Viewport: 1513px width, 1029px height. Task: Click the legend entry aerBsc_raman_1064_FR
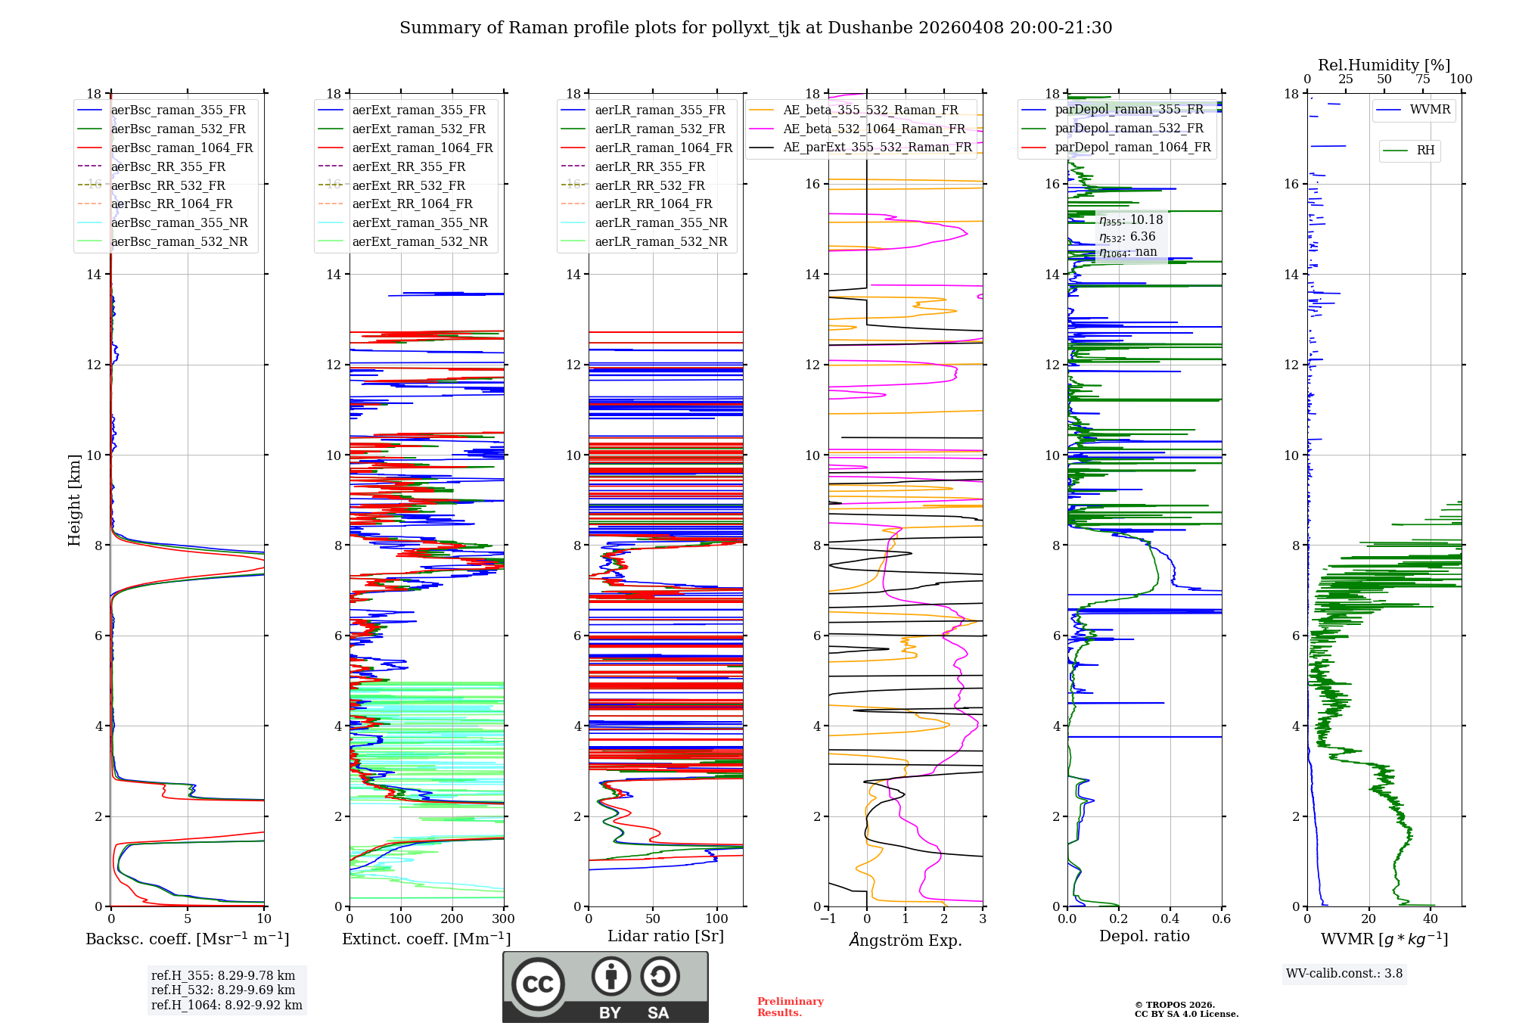182,148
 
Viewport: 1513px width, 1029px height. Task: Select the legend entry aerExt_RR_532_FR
409,185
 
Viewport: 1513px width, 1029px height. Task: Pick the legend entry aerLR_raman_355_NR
660,222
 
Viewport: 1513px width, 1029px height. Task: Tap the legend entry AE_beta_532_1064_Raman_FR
874,129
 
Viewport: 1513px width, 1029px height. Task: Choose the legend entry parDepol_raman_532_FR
1129,128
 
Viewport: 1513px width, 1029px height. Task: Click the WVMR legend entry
1430,110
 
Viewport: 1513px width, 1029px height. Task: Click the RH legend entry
1425,151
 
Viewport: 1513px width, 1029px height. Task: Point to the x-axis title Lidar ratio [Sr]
666,936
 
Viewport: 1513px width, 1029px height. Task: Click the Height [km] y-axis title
74,499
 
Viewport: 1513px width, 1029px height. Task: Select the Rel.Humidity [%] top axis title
1384,65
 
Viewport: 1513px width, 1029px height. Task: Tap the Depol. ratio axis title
1144,936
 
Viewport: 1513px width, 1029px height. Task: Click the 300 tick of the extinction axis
503,919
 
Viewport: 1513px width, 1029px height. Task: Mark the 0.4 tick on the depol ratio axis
1170,919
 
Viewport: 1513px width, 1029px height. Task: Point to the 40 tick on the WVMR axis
1430,919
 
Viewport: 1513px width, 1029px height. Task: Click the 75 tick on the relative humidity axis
1422,79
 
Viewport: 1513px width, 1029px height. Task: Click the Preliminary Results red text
790,1007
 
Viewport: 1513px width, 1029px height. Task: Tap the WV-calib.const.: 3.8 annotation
1344,974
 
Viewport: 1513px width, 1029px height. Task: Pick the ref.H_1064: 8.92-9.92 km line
226,1006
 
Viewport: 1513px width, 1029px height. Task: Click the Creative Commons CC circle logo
538,984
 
